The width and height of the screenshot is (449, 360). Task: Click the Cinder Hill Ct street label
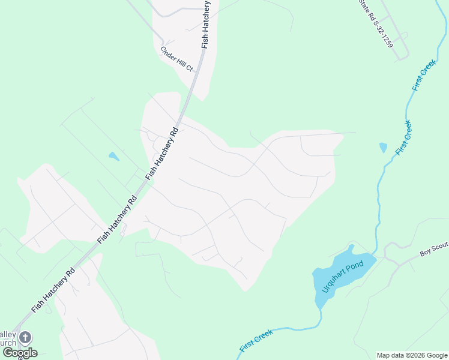click(x=176, y=59)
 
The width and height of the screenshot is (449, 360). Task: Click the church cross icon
click(x=25, y=337)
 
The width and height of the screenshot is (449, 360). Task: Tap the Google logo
click(x=20, y=353)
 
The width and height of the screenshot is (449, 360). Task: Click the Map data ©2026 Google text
click(x=412, y=355)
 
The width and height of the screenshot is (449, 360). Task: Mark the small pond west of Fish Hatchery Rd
click(x=113, y=157)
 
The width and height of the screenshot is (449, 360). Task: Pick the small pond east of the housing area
click(x=383, y=147)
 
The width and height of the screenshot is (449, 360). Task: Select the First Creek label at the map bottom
click(x=256, y=340)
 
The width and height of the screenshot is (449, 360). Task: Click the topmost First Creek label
click(x=424, y=76)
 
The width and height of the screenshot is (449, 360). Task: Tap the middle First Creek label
click(x=404, y=138)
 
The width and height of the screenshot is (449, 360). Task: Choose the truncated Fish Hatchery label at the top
click(x=206, y=24)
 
